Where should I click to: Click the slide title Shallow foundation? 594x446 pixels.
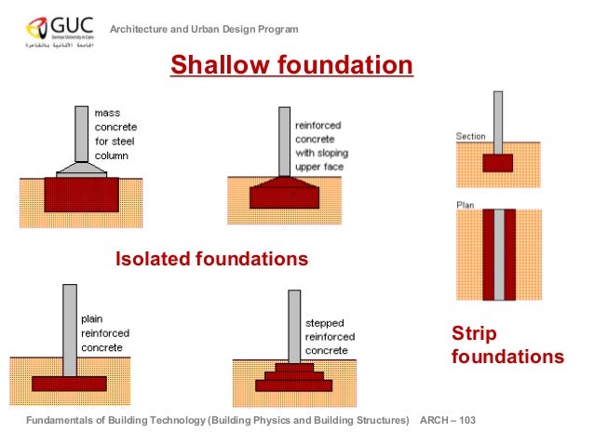coord(290,66)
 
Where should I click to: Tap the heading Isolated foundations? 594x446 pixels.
coord(211,259)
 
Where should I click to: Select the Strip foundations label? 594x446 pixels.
coord(506,345)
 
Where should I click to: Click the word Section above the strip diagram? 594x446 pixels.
coord(470,137)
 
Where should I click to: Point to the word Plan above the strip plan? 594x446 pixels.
coord(465,204)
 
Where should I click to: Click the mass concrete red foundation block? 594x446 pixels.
coord(81,196)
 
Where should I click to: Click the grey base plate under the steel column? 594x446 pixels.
coord(81,171)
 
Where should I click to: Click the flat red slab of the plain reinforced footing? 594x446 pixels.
coord(70,383)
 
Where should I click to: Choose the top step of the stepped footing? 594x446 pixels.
coord(294,368)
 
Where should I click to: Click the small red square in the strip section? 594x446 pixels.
coord(498,163)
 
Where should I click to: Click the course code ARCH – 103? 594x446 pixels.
coord(448,421)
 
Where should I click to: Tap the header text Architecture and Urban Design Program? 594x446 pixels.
coord(205,30)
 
